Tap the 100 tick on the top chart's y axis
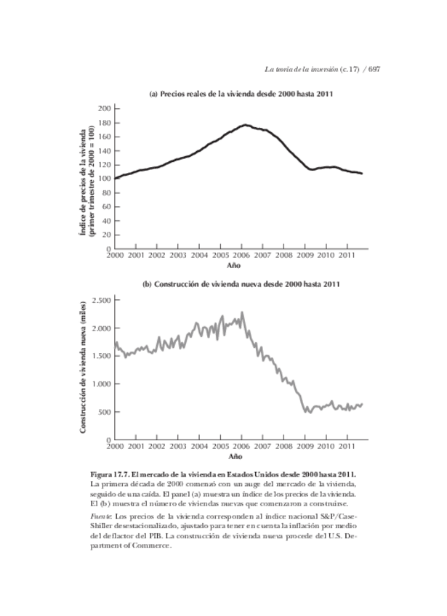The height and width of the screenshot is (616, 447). pos(103,179)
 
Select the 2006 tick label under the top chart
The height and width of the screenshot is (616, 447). pos(241,256)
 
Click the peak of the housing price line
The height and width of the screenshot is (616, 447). pos(246,125)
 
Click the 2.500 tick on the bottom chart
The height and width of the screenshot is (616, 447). pos(101,299)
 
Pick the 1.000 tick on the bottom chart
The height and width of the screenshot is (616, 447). pos(101,384)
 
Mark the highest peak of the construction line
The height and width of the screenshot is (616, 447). pos(242,313)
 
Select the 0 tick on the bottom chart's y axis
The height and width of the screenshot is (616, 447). pos(107,439)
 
